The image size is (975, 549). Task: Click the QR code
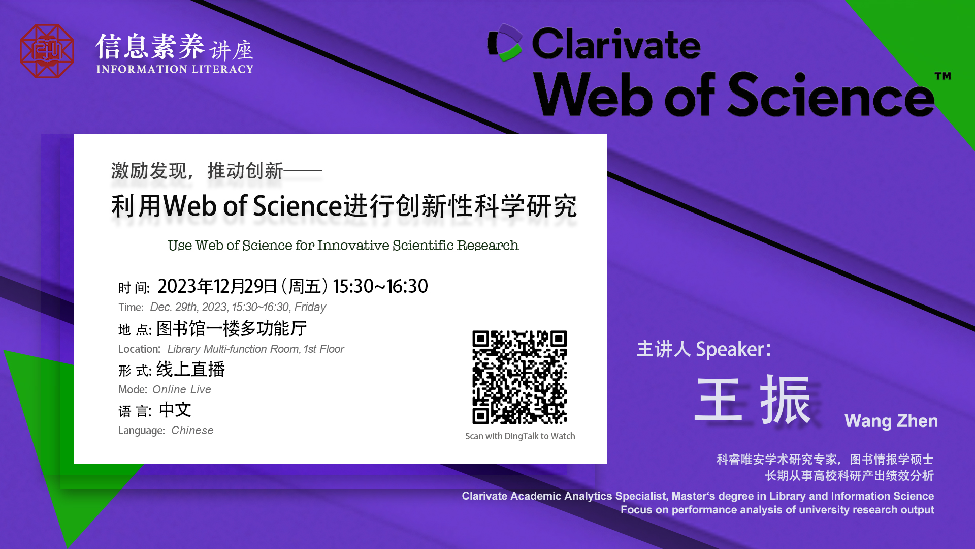point(519,377)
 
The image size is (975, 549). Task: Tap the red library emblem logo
point(47,51)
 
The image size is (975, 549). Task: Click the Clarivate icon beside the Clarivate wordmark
point(505,43)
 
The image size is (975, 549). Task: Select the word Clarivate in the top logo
point(616,44)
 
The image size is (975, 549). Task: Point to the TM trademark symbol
point(942,76)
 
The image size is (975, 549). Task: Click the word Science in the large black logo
point(831,95)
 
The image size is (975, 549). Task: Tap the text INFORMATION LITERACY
point(175,69)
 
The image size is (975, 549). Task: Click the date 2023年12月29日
point(217,286)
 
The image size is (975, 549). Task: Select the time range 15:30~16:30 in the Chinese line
point(380,286)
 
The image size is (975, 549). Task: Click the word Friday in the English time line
point(310,307)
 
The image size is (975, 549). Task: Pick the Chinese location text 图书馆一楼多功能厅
point(232,328)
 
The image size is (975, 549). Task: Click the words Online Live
point(182,389)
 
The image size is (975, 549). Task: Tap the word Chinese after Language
point(192,430)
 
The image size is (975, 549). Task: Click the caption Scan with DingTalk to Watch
point(520,436)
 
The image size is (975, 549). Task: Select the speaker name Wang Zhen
point(891,421)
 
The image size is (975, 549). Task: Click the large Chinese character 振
point(786,400)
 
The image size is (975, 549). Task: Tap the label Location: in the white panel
point(139,349)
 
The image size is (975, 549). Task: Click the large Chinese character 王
point(719,400)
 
